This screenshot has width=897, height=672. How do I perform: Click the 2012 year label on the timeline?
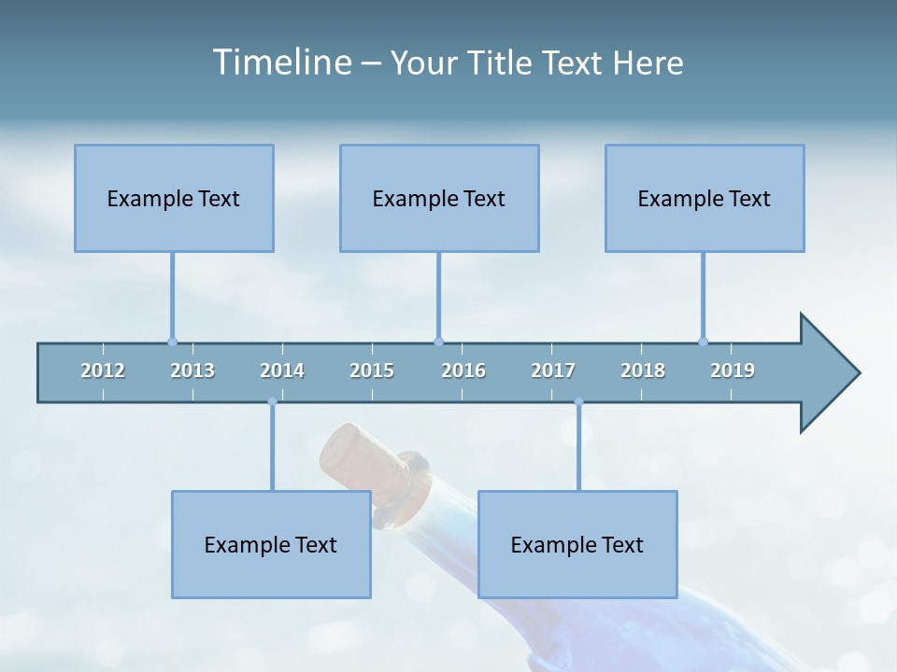tap(103, 371)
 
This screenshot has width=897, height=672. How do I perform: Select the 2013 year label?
tap(192, 371)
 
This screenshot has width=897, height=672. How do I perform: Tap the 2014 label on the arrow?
tap(282, 371)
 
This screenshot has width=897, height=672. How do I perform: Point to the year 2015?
tap(372, 371)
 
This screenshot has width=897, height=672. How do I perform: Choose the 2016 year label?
tap(463, 371)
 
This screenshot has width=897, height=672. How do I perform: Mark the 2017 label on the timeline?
tap(553, 371)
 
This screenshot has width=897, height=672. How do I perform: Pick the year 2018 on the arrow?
tap(643, 371)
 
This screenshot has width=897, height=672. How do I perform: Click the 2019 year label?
tap(733, 371)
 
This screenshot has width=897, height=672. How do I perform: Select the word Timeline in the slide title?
tap(281, 63)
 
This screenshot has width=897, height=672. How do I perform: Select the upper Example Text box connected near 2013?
tap(174, 198)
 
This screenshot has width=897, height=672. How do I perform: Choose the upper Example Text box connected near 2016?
tap(439, 198)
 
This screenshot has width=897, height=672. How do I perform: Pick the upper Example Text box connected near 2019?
tap(705, 198)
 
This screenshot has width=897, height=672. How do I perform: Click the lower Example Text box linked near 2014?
tap(271, 544)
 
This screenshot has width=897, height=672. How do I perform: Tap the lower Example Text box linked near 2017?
tap(577, 544)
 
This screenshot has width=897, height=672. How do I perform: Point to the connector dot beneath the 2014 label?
tap(272, 402)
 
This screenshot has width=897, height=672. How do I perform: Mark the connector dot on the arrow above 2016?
tap(438, 342)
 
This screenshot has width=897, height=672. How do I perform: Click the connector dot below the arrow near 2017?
tap(578, 402)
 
